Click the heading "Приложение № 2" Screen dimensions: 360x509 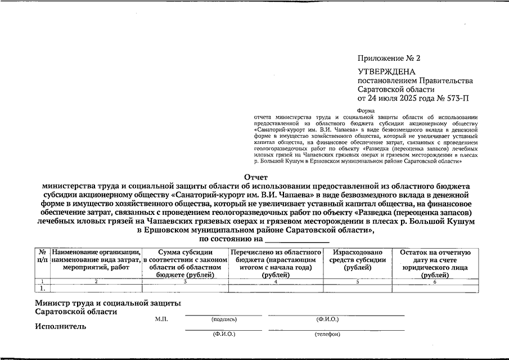(x=389, y=58)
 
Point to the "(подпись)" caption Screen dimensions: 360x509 (x=224, y=319)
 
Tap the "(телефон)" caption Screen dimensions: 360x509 (x=328, y=334)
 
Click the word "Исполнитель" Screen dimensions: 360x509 (x=60, y=326)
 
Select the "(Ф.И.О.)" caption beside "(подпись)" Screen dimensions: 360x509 (x=328, y=319)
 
